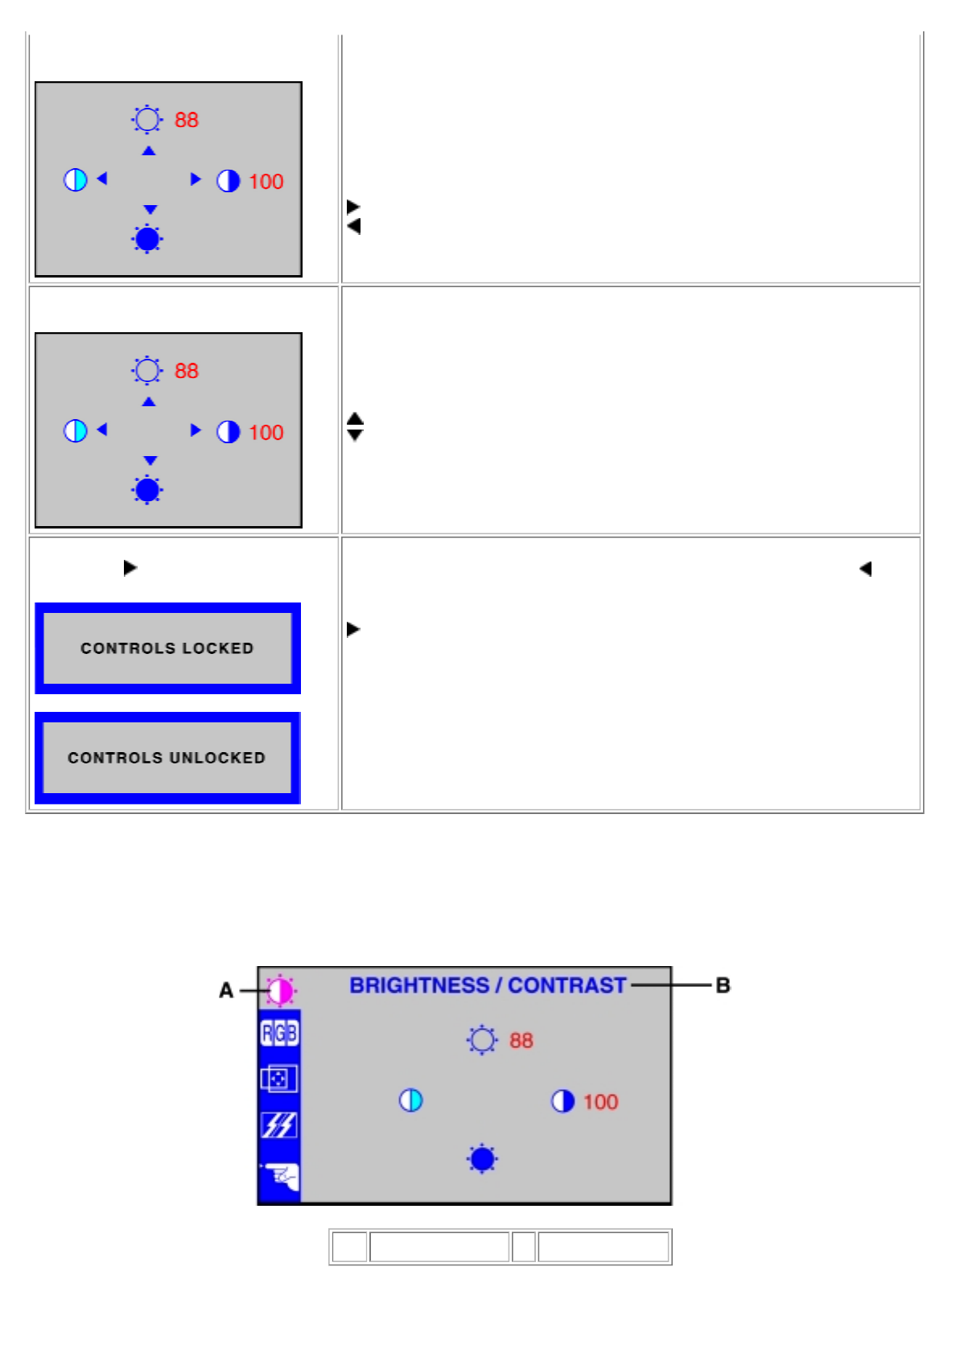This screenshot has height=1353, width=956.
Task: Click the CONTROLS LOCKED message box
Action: click(x=167, y=648)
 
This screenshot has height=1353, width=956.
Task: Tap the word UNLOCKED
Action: click(x=217, y=758)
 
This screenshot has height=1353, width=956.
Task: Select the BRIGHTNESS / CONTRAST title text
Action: click(x=488, y=985)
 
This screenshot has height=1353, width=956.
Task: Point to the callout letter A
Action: click(x=226, y=990)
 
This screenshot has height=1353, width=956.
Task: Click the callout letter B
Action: click(x=723, y=985)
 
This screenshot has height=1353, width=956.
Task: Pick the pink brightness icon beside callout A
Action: click(x=280, y=990)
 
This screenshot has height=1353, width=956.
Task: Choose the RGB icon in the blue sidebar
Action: click(x=279, y=1033)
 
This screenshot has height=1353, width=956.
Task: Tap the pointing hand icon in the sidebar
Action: click(x=280, y=1177)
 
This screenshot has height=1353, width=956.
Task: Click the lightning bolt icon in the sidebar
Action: click(x=279, y=1125)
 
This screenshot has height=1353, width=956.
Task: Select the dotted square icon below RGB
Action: click(x=279, y=1079)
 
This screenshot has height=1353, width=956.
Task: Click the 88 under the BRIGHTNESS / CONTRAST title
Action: click(x=521, y=1041)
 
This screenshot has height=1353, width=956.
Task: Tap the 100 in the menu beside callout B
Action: click(x=600, y=1102)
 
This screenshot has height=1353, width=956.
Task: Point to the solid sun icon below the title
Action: click(x=482, y=1159)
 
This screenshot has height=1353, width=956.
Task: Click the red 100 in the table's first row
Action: click(x=266, y=182)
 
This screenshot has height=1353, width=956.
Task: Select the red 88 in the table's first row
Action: click(x=186, y=120)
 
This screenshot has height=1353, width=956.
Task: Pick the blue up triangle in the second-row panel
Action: click(x=149, y=401)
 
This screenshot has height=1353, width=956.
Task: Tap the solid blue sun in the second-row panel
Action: click(x=147, y=489)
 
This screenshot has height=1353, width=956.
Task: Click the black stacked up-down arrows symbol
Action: click(x=355, y=426)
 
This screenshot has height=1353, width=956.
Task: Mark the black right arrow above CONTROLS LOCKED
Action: click(x=130, y=568)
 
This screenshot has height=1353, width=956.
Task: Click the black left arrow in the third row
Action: click(x=865, y=569)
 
